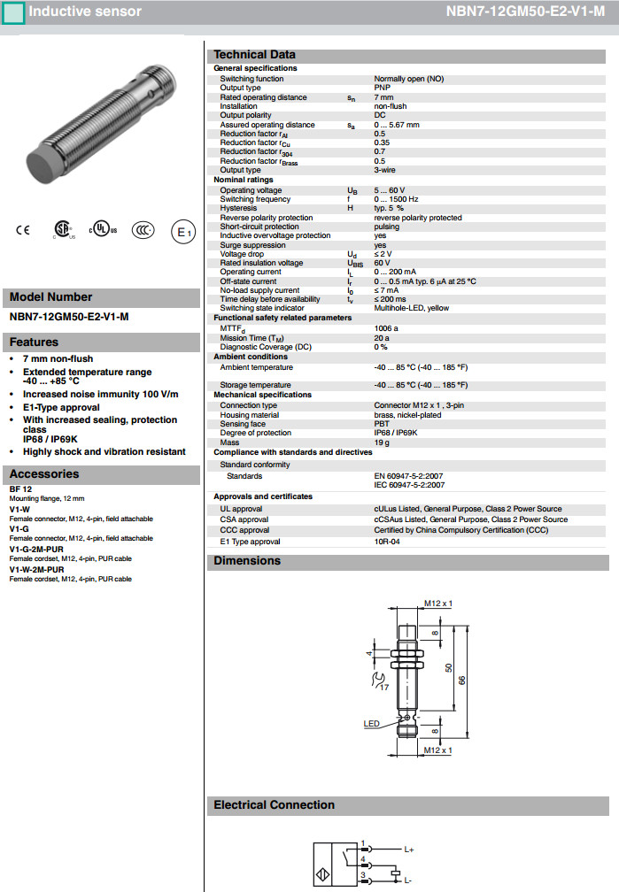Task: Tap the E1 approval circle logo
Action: click(182, 232)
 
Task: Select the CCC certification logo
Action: click(143, 230)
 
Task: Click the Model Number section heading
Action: click(50, 297)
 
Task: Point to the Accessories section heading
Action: click(44, 474)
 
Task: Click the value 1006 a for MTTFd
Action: click(386, 328)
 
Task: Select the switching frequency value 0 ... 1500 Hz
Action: click(396, 199)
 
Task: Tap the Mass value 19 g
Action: click(382, 442)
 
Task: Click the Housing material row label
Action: click(250, 415)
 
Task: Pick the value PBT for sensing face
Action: click(382, 424)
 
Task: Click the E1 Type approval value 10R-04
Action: click(388, 542)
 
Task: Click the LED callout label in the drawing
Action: click(372, 724)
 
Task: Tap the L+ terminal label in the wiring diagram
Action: click(409, 850)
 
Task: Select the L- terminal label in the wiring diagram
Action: click(408, 881)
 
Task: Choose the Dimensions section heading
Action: click(247, 561)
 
